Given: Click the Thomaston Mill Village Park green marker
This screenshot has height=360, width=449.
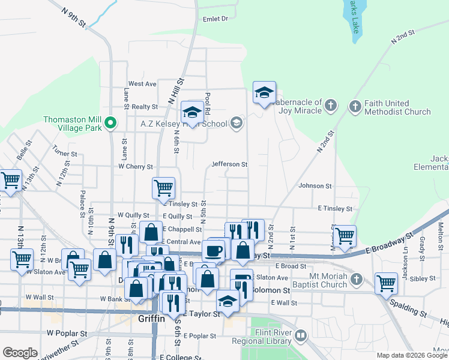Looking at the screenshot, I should [x=110, y=124].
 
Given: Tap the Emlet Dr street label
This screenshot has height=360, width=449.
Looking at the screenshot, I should [x=216, y=19].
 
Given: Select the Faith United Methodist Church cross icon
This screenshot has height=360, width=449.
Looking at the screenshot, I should [x=355, y=107].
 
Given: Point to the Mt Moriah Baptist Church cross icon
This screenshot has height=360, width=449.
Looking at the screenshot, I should [x=357, y=280].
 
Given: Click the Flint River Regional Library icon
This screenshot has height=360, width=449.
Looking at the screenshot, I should [x=301, y=335].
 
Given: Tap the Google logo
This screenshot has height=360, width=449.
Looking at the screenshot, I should [x=20, y=353].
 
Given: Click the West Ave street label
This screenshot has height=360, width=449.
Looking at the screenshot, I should [x=142, y=84].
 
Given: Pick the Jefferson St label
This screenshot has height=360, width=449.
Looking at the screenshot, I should [x=229, y=164].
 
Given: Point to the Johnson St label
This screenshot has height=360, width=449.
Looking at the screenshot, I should [x=315, y=187].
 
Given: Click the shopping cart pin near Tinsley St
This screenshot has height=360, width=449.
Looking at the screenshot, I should [x=164, y=188].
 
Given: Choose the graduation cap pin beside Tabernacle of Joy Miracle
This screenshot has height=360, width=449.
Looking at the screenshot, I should [x=264, y=92].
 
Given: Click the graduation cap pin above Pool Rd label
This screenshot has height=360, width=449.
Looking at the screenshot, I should [x=192, y=111].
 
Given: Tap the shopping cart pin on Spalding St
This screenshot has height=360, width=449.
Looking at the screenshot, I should [x=386, y=283].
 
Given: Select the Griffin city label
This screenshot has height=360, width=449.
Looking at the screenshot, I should [x=151, y=319].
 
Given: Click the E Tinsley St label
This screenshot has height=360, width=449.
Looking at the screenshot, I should [x=335, y=208].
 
